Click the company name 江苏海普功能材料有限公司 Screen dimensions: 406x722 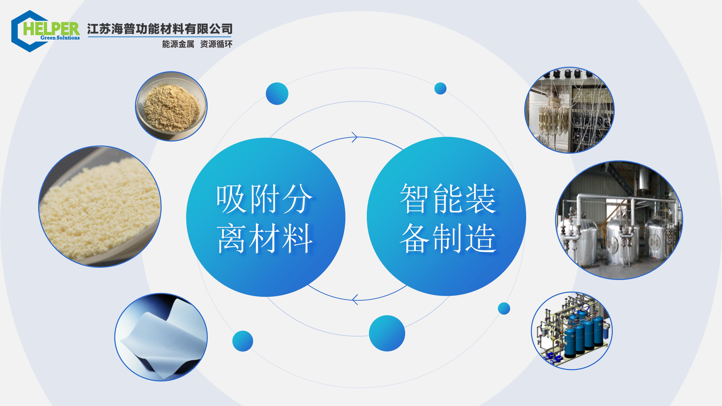click(x=160, y=29)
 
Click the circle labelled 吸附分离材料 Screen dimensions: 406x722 click(x=265, y=217)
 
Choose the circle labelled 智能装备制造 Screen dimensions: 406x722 click(x=446, y=216)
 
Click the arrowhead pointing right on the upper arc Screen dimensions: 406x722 click(x=355, y=137)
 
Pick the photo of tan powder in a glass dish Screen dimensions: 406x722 click(x=171, y=106)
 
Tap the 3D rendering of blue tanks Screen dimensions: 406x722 click(x=572, y=331)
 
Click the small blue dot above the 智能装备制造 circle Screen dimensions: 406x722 click(x=440, y=89)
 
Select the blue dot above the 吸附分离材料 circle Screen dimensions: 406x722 click(x=277, y=94)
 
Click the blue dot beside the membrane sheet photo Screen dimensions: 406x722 click(x=243, y=341)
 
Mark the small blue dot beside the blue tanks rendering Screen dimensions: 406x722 click(x=504, y=309)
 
